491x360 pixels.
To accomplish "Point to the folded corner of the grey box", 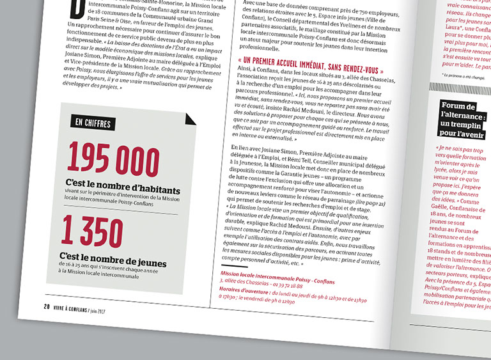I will [x=191, y=118].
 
